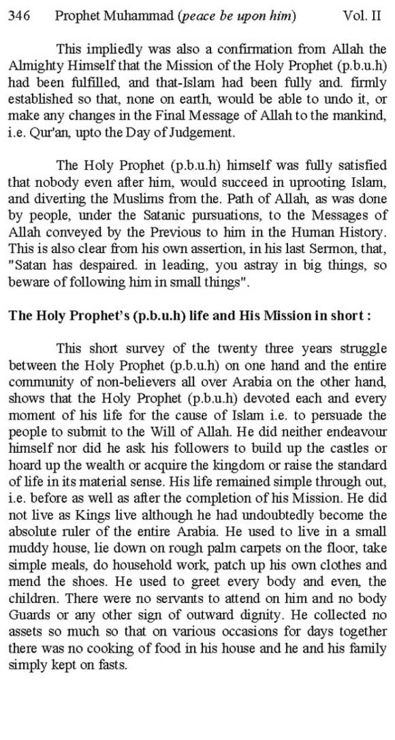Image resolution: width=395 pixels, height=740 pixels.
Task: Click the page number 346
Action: coord(19,16)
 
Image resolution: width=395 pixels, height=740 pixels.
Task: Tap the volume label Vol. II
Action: coord(362,16)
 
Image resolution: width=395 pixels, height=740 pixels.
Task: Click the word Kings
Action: coord(92,515)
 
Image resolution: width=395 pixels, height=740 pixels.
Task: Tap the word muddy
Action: coord(27,548)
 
